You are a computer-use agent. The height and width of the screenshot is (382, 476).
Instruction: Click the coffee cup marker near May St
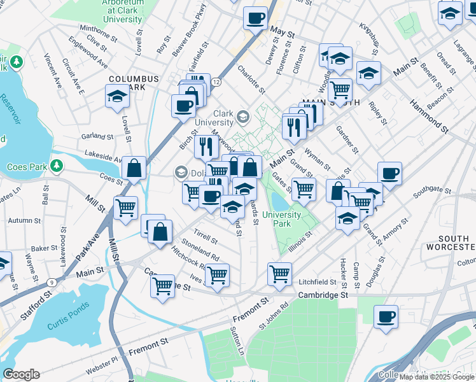tap(256, 18)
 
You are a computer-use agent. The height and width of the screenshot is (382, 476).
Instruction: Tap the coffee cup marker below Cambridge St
tap(386, 316)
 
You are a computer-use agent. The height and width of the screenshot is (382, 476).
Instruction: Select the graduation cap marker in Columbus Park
tap(118, 97)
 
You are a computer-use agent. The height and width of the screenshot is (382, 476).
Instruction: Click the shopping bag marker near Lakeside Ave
tap(134, 169)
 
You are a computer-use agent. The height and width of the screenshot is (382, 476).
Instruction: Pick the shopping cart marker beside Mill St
tap(126, 208)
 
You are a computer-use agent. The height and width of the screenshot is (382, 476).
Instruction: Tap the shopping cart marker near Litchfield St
tap(279, 274)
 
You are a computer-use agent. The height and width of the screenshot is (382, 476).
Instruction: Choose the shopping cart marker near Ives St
tap(217, 275)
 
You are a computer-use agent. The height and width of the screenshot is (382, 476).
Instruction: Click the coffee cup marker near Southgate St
tap(389, 173)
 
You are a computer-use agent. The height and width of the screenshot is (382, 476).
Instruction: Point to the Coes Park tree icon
tap(57, 166)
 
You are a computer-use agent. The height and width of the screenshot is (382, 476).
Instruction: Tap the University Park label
tap(286, 219)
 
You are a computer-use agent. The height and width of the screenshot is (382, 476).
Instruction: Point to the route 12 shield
tap(217, 82)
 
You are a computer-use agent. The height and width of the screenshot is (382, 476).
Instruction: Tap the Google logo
tap(21, 374)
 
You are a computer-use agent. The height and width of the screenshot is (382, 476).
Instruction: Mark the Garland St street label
tap(97, 136)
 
